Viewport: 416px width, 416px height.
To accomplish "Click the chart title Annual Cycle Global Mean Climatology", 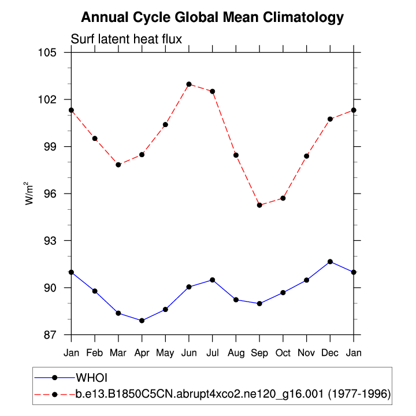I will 212,17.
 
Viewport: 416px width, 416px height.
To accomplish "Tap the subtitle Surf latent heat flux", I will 126,39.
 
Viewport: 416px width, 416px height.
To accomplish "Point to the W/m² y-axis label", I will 29,193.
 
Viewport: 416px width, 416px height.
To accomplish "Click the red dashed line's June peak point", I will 189,84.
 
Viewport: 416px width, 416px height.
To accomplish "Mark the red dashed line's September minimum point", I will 259,205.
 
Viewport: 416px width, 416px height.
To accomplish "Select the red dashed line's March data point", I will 118,165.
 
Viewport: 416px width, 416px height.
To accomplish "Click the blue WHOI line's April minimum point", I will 142,321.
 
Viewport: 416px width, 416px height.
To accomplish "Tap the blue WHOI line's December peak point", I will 330,262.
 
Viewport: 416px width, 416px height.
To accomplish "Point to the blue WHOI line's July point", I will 213,280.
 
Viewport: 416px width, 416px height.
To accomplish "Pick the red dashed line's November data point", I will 307,156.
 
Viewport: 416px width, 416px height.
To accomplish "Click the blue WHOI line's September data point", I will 259,303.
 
